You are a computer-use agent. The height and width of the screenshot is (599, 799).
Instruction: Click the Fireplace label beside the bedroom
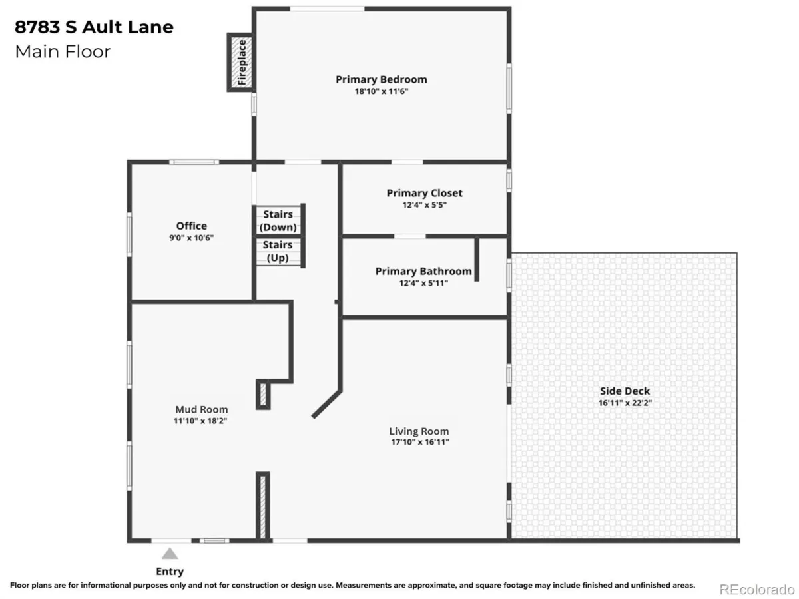(242, 62)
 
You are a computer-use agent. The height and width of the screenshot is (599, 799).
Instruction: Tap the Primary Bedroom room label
(381, 79)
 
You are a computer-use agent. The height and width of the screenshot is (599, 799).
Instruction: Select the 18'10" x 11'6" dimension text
(382, 91)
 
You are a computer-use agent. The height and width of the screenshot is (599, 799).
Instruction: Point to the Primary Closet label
(424, 193)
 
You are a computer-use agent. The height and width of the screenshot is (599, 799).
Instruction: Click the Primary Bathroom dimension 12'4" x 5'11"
(423, 283)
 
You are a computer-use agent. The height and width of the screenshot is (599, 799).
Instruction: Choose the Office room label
(192, 226)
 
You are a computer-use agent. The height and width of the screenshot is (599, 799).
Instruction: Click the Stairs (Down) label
(278, 221)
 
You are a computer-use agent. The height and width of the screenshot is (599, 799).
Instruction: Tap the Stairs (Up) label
(278, 252)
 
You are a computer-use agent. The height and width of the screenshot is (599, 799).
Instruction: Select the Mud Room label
(202, 409)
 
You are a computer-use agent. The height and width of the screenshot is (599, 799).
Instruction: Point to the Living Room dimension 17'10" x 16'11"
(420, 442)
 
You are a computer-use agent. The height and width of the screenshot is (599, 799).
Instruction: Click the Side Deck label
(625, 391)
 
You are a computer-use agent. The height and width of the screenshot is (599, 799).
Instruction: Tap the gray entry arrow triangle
(170, 554)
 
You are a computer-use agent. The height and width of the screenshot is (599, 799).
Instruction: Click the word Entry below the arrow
(170, 571)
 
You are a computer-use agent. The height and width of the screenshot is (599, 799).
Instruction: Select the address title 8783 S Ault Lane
(94, 27)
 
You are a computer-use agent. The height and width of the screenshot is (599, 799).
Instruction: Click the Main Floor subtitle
(63, 52)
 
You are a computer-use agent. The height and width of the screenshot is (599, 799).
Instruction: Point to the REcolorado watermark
(757, 589)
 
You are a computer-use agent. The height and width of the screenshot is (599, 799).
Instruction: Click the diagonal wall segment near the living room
(326, 404)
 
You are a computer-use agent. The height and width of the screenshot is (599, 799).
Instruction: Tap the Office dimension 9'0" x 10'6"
(191, 238)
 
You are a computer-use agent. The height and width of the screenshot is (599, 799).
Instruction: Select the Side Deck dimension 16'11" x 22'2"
(625, 403)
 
